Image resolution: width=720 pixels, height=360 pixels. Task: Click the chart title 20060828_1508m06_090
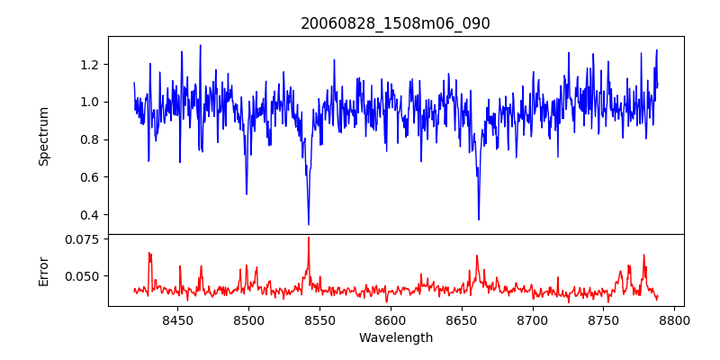point(395,23)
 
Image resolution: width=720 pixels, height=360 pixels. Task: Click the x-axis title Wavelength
point(395,338)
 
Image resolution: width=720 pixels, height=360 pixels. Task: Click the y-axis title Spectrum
point(43,135)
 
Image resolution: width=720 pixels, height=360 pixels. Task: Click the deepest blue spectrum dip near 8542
point(309,224)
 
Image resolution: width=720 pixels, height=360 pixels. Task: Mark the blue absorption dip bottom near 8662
point(479,219)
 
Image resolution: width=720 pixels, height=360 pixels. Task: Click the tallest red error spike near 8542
point(309,238)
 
